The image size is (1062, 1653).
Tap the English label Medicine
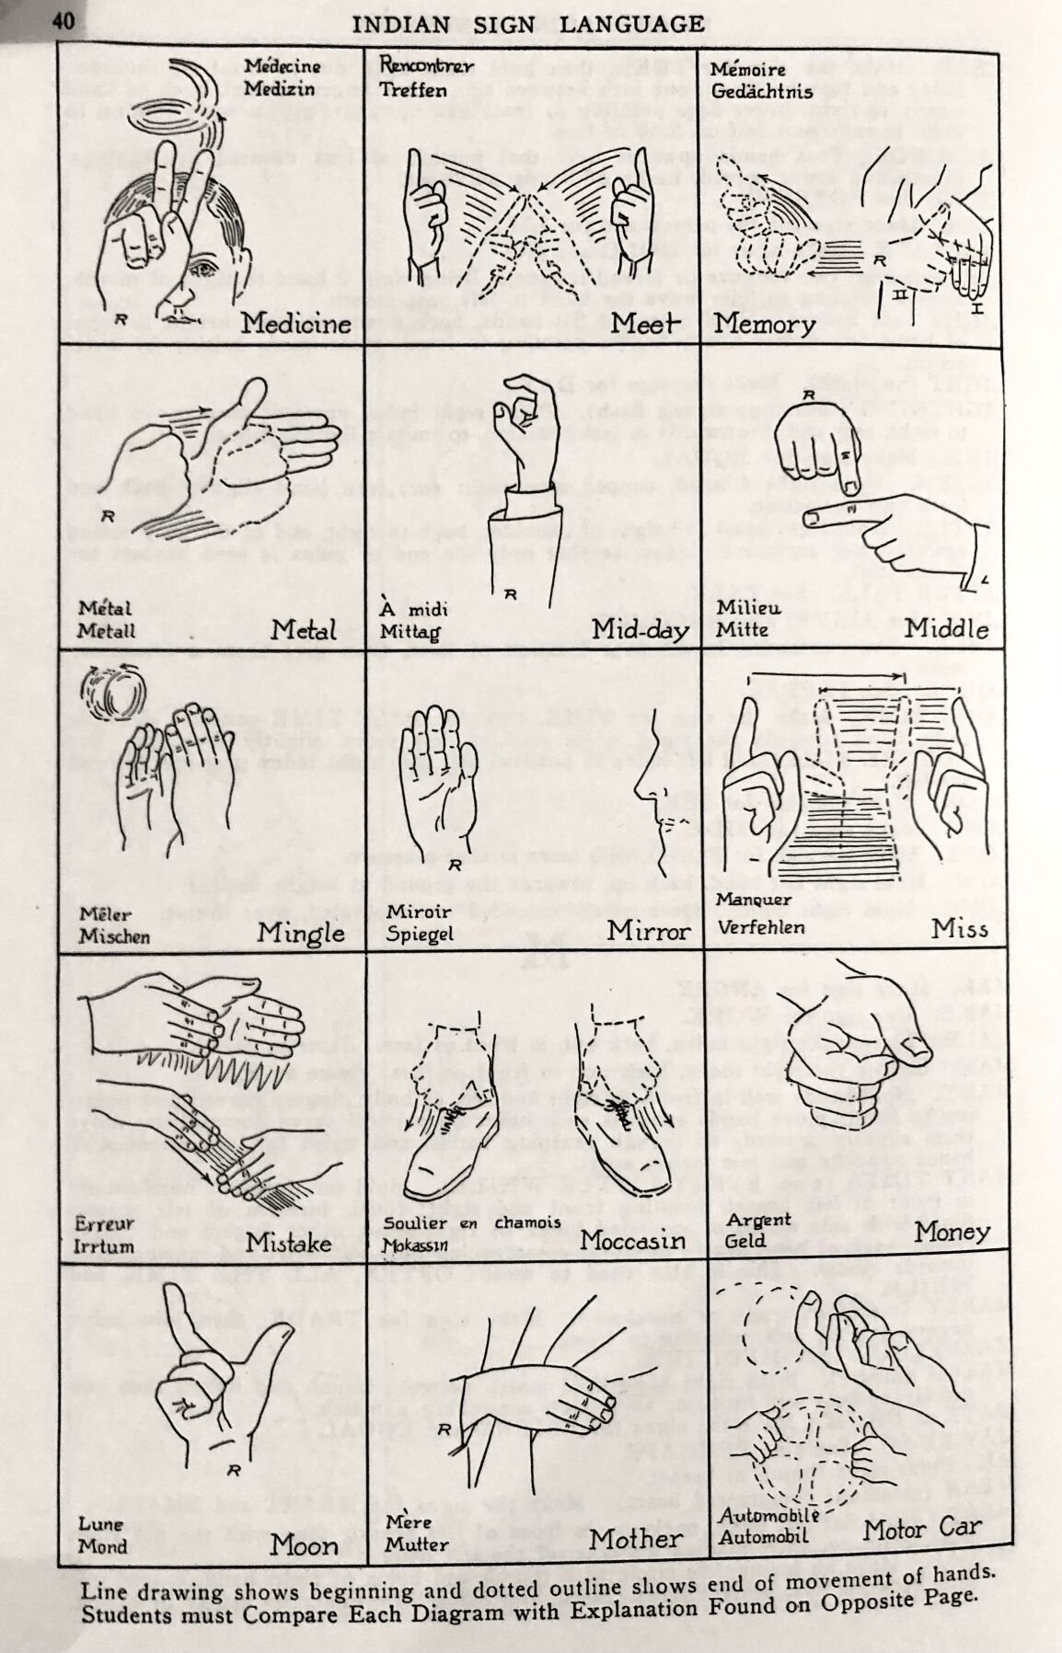click(296, 324)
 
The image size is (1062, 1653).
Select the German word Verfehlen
click(761, 926)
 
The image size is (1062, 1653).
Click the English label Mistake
click(289, 1242)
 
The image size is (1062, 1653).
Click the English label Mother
click(636, 1539)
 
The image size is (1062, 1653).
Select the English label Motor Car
click(923, 1530)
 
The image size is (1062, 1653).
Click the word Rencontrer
click(426, 67)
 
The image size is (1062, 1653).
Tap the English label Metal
click(304, 630)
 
